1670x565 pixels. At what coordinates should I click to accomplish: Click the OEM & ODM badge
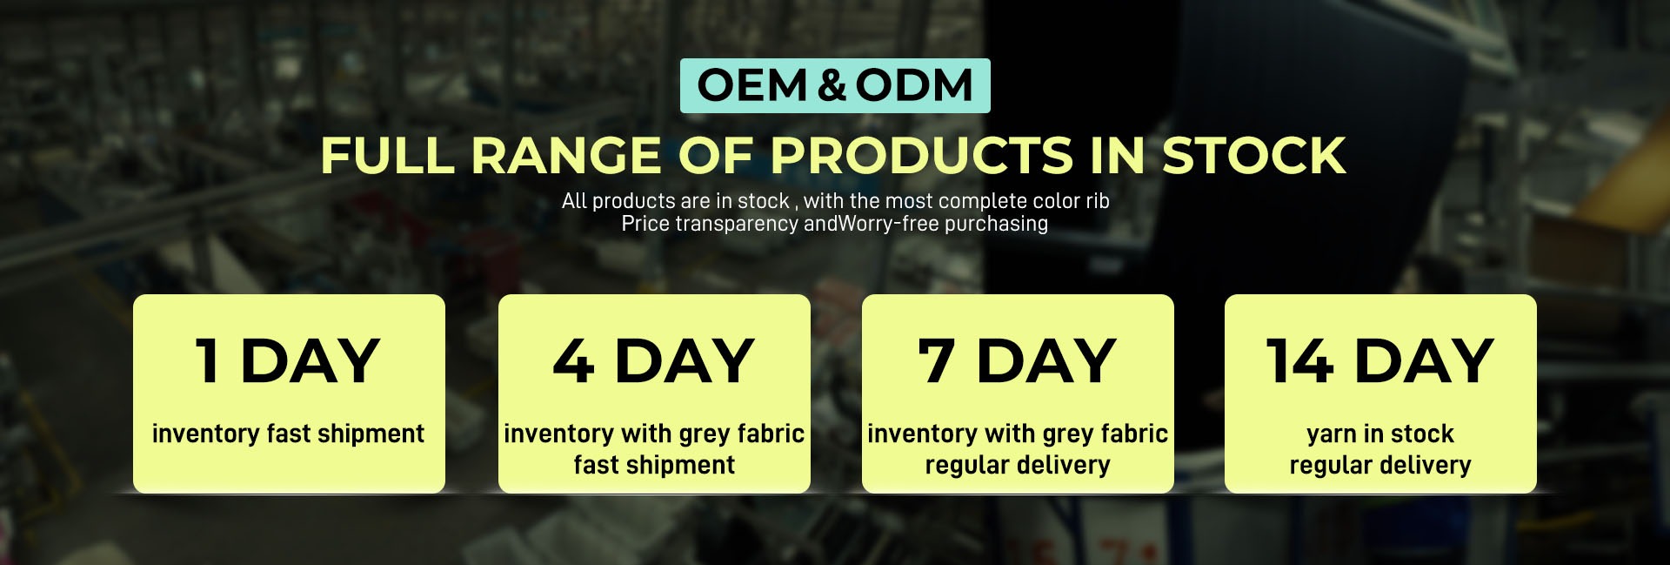coord(835,85)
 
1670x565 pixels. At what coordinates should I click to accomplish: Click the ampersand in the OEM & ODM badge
coord(832,85)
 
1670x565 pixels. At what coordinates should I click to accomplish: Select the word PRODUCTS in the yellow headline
coord(921,156)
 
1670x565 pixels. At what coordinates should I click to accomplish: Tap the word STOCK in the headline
coord(1254,156)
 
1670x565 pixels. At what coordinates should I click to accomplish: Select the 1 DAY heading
coord(288,360)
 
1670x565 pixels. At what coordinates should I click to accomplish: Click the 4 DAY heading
coord(654,360)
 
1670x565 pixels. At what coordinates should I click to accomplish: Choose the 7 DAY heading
coord(1018,360)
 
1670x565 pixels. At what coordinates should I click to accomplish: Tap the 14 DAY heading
coord(1380,360)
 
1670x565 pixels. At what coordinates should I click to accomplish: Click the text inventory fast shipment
coord(288,434)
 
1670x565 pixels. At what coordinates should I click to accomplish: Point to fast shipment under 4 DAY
coord(654,465)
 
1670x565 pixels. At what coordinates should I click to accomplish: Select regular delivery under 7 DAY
coord(1018,465)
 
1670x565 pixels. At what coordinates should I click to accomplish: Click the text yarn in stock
coord(1380,434)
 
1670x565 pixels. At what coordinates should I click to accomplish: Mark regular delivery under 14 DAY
coord(1380,465)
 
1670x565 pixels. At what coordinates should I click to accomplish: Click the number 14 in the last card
coord(1299,360)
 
